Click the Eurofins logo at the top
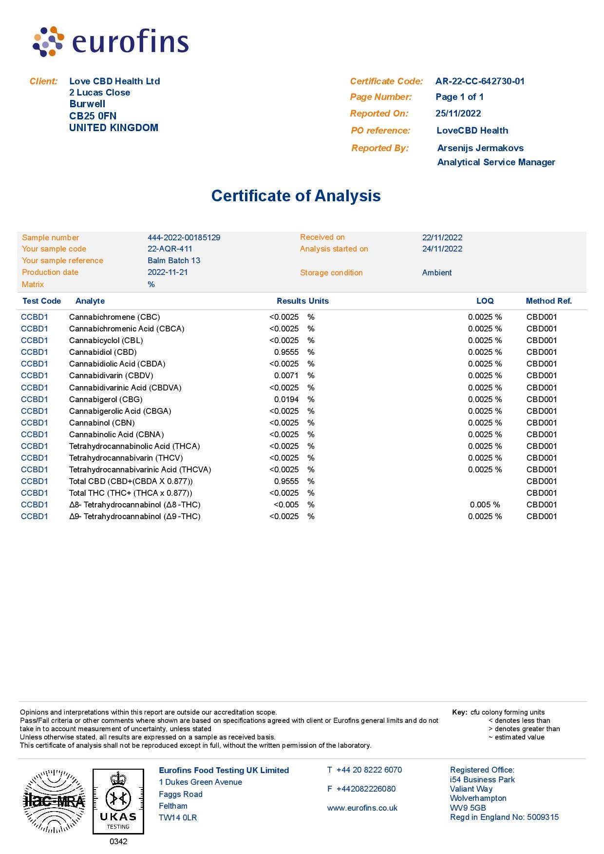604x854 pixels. (x=111, y=41)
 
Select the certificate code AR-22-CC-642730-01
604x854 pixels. (x=480, y=81)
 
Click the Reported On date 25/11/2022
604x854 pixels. (x=458, y=114)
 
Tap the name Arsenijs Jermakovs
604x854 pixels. (x=480, y=148)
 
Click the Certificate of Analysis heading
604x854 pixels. (x=296, y=196)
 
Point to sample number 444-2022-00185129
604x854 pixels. (x=184, y=238)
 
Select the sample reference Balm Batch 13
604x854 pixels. (x=174, y=261)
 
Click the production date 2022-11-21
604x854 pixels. (x=168, y=272)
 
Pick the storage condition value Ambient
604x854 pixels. (x=437, y=273)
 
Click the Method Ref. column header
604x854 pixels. (x=548, y=301)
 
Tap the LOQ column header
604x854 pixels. (x=485, y=301)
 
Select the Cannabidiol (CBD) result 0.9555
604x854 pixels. (x=286, y=352)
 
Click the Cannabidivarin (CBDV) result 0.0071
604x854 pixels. (x=286, y=376)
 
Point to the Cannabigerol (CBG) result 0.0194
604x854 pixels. (x=286, y=400)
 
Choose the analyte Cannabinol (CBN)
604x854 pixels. (x=102, y=423)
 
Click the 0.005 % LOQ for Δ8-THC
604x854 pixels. (x=485, y=505)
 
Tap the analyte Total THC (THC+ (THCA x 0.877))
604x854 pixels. (x=131, y=493)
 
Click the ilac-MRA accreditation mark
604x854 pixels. (x=54, y=801)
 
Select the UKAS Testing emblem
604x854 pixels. (x=118, y=801)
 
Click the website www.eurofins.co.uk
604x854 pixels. (x=362, y=808)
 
